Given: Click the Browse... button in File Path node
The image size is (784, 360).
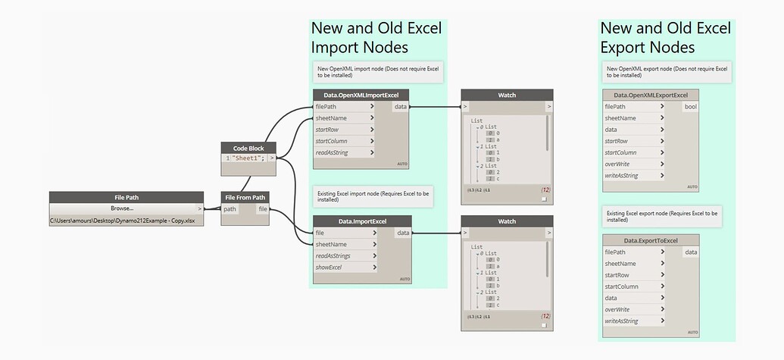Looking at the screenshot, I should click(122, 208).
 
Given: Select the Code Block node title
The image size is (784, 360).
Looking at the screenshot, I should click(249, 147).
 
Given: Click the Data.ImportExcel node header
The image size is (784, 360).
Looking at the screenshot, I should click(362, 221).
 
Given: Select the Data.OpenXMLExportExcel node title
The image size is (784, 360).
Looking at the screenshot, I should click(651, 95).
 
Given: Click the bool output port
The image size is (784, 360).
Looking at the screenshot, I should click(690, 107).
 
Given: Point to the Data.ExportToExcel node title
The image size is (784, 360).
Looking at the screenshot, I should click(651, 240).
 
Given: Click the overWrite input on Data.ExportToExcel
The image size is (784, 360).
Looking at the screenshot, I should click(617, 309).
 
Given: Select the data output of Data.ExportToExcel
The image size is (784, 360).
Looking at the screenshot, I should click(691, 252).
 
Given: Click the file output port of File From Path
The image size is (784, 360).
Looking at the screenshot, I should click(261, 209).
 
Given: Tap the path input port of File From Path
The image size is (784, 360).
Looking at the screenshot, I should click(230, 209).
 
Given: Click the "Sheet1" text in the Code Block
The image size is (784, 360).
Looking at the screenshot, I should click(244, 158).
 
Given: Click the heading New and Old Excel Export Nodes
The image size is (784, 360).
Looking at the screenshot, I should click(665, 38).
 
